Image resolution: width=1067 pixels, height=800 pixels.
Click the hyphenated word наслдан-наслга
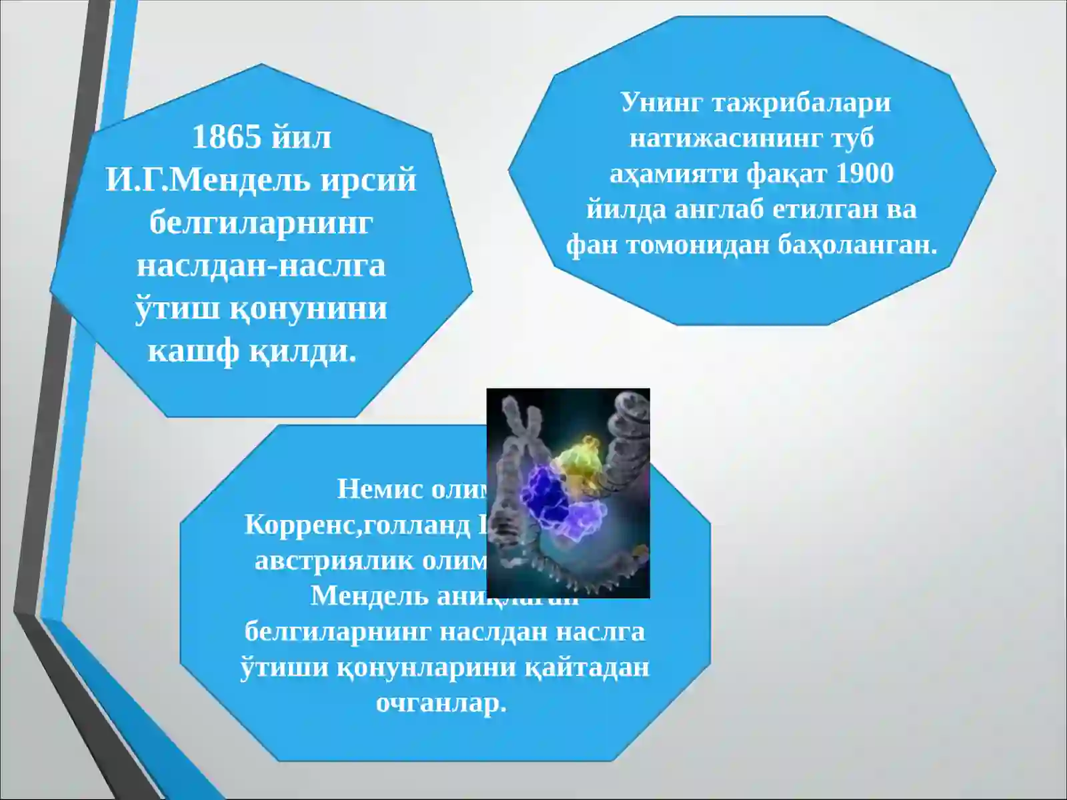pyautogui.click(x=261, y=265)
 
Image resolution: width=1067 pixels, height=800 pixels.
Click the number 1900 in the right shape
pyautogui.click(x=864, y=173)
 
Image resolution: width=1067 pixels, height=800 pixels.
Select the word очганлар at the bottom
pyautogui.click(x=441, y=703)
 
